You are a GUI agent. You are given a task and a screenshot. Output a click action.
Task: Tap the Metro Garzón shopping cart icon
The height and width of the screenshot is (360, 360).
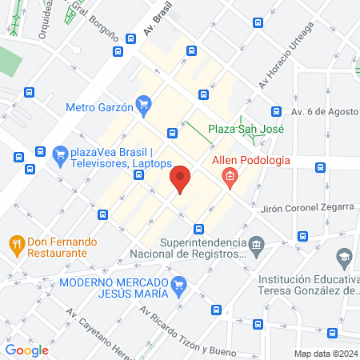[144, 105]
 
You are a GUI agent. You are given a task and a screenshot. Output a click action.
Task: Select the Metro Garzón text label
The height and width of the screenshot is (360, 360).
[100, 106]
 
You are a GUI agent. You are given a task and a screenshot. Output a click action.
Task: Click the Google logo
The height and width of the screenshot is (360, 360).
[27, 350]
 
